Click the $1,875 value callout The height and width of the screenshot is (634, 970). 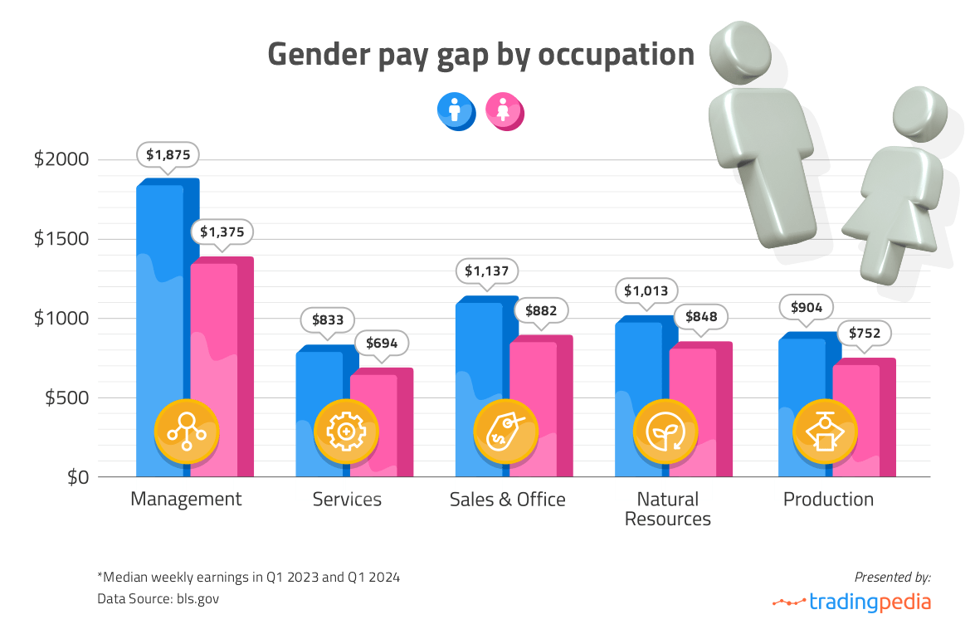(168, 154)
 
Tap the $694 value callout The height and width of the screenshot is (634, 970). (382, 342)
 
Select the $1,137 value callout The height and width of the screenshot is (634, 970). (487, 271)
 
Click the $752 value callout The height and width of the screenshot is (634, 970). (864, 334)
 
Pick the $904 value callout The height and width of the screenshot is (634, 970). (807, 307)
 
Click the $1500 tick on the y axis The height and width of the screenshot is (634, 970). (63, 239)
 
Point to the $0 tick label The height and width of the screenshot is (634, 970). (80, 477)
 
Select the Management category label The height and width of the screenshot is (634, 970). (187, 500)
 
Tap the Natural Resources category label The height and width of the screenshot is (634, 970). (667, 509)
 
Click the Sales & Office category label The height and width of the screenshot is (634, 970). (507, 500)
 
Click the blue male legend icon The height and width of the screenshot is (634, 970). (455, 110)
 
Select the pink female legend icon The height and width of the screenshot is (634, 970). (503, 110)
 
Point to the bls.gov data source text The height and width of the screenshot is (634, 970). (197, 597)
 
